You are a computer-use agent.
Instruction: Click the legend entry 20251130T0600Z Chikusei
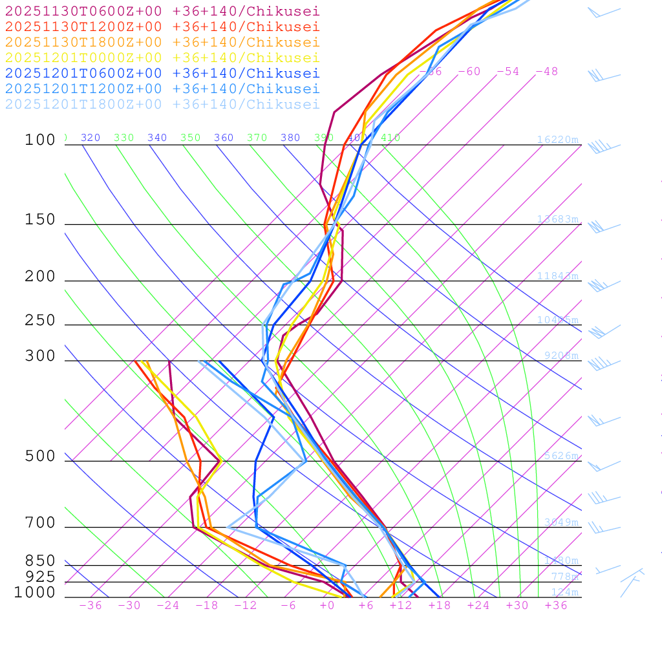pyautogui.click(x=162, y=11)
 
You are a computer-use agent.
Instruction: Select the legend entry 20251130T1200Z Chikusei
pyautogui.click(x=162, y=27)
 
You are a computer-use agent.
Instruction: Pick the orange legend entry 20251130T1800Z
pyautogui.click(x=162, y=42)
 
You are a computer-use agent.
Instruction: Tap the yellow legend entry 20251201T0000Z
pyautogui.click(x=162, y=58)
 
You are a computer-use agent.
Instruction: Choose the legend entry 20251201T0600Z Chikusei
pyautogui.click(x=162, y=73)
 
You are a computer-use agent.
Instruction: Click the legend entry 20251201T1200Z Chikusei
pyautogui.click(x=162, y=89)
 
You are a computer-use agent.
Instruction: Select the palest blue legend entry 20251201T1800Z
pyautogui.click(x=162, y=104)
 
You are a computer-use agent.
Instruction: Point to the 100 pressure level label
pyautogui.click(x=40, y=140)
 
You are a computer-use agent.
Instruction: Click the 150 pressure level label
pyautogui.click(x=40, y=220)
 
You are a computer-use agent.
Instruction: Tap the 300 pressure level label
pyautogui.click(x=40, y=356)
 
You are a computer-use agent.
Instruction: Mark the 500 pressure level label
pyautogui.click(x=40, y=456)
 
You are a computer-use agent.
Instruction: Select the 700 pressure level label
pyautogui.click(x=40, y=523)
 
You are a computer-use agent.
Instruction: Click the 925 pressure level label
pyautogui.click(x=40, y=577)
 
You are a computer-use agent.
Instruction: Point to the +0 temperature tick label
pyautogui.click(x=327, y=605)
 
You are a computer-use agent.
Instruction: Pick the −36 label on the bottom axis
pyautogui.click(x=90, y=605)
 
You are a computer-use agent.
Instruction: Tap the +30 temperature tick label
pyautogui.click(x=517, y=605)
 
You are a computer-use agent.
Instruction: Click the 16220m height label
pyautogui.click(x=557, y=140)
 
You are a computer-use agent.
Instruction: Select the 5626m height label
pyautogui.click(x=561, y=456)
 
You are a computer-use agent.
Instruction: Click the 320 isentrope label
pyautogui.click(x=91, y=138)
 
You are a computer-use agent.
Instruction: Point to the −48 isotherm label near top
pyautogui.click(x=546, y=71)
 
